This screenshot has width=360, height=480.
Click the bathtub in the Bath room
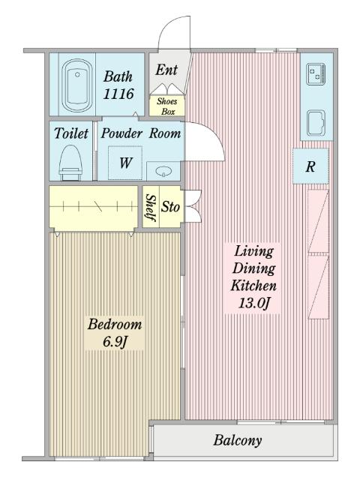pos(77,85)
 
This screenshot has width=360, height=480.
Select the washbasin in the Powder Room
pos(163,171)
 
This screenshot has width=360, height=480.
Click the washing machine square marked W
pos(125,163)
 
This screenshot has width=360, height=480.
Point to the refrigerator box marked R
pos(310,166)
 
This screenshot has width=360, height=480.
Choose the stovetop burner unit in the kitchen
pos(316,74)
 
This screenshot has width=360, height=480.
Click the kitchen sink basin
pos(316,122)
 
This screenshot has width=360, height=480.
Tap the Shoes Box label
pos(167,106)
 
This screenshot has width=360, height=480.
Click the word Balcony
pos(238,440)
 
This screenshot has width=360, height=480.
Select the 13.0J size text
pos(254,303)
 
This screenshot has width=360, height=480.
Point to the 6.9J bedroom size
pos(115,341)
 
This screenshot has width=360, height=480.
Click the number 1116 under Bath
pos(118,94)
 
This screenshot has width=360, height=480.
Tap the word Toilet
pos(71,133)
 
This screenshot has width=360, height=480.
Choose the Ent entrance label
pos(166,70)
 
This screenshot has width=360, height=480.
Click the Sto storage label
pos(170,207)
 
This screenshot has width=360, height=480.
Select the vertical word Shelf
pos(151,208)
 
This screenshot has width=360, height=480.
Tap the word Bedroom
pos(115,324)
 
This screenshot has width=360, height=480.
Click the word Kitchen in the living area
pos(253,286)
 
